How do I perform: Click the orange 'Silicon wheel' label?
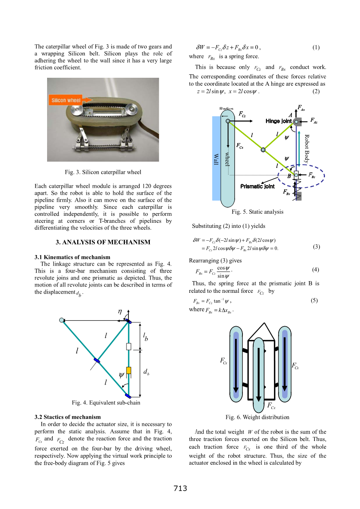[x=66, y=100]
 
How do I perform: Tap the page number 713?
[x=180, y=488]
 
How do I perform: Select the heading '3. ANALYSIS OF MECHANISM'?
[x=103, y=242]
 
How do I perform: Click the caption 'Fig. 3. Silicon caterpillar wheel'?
[x=103, y=172]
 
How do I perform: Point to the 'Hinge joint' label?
[x=278, y=121]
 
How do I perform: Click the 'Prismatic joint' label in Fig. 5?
[x=257, y=186]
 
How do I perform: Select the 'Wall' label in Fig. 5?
[x=216, y=159]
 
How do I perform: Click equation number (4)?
[x=315, y=269]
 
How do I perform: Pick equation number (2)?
[x=316, y=91]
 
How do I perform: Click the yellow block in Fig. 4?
[x=128, y=370]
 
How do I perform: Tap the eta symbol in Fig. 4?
[x=120, y=311]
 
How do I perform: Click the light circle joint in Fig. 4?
[x=62, y=320]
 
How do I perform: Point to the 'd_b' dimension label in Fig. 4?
[x=146, y=372]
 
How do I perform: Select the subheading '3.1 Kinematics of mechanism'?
[x=72, y=257]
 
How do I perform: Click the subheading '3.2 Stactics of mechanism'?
[x=67, y=417]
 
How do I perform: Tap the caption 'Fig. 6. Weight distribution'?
[x=257, y=417]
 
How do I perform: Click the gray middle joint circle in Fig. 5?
[x=263, y=150]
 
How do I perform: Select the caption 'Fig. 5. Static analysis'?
[x=257, y=212]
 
